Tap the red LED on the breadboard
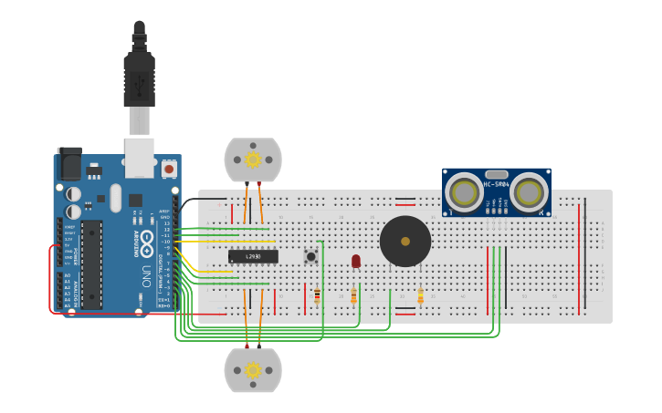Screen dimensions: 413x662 356,261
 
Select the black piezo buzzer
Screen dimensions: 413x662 405,241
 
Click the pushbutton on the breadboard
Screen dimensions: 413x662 311,256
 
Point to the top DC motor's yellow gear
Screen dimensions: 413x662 253,160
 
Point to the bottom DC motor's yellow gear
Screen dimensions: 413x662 253,370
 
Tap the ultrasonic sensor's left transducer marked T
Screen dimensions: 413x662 465,192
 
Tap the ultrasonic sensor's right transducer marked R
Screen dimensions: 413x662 529,192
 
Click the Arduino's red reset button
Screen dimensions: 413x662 169,169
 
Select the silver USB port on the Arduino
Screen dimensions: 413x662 139,157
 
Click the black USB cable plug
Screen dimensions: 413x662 139,82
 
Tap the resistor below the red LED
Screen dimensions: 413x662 353,294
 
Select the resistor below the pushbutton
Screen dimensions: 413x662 317,294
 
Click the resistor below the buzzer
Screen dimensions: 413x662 420,295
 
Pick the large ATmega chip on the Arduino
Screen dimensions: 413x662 91,264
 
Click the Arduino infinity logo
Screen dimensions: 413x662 143,219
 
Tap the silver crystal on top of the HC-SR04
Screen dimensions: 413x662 497,174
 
